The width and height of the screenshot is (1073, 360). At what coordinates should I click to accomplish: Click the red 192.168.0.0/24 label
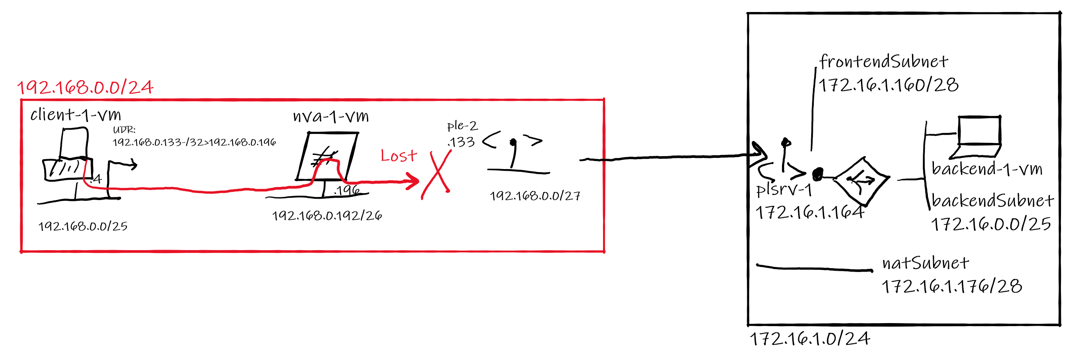(x=85, y=88)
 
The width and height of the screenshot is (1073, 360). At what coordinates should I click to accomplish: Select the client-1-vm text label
(x=76, y=115)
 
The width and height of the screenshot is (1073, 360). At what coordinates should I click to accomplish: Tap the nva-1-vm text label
(x=330, y=116)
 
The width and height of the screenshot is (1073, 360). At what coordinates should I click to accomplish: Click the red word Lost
(x=398, y=155)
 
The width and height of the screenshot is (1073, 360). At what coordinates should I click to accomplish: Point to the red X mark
(x=436, y=175)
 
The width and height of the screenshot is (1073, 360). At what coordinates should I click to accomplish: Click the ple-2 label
(x=462, y=126)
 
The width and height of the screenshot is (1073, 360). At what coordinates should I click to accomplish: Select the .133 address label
(x=461, y=142)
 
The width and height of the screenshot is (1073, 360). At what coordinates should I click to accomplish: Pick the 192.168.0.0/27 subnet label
(x=535, y=196)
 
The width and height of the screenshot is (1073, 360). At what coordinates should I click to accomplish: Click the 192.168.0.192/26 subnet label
(x=327, y=215)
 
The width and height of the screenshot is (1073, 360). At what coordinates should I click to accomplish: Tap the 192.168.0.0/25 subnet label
(x=83, y=226)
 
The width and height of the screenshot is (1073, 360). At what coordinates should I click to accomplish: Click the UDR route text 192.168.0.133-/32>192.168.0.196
(x=194, y=142)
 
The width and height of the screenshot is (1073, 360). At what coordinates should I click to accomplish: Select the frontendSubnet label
(x=883, y=62)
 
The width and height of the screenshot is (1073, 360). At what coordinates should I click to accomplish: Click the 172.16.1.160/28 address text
(x=888, y=85)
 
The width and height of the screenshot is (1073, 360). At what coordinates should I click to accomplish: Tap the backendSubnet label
(x=992, y=200)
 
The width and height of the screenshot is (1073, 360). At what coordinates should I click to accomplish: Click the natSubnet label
(x=925, y=263)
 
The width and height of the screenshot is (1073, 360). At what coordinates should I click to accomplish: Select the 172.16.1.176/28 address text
(x=952, y=286)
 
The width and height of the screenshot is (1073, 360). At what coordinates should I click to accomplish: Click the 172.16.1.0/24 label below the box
(x=809, y=339)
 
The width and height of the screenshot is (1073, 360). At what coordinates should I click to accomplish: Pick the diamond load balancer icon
(x=861, y=181)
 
